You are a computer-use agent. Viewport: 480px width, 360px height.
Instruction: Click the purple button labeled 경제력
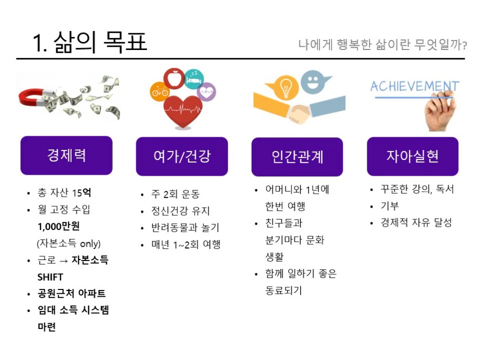66,155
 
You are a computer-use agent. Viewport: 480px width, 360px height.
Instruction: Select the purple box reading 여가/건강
182,156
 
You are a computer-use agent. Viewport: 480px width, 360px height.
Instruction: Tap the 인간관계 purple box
297,157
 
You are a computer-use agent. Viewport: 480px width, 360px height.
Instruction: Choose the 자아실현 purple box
413,156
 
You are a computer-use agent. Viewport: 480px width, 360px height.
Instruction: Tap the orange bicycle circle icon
159,92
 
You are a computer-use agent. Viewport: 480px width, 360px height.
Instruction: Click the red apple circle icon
174,78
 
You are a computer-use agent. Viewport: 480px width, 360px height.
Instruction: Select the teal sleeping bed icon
194,79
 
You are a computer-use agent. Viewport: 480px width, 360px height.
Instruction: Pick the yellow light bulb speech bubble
284,87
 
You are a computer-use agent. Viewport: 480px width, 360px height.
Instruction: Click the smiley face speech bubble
314,82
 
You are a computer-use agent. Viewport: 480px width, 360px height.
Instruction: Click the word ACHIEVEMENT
415,86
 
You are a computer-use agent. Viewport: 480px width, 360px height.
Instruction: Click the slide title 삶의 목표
100,42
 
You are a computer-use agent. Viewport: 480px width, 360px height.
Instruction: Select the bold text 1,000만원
58,226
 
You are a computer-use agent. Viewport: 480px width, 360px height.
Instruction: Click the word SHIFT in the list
50,277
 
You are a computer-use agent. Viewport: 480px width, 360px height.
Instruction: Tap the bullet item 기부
389,206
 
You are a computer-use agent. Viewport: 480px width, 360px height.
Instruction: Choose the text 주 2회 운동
175,194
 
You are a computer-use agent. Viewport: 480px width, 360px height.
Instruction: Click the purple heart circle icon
206,92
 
